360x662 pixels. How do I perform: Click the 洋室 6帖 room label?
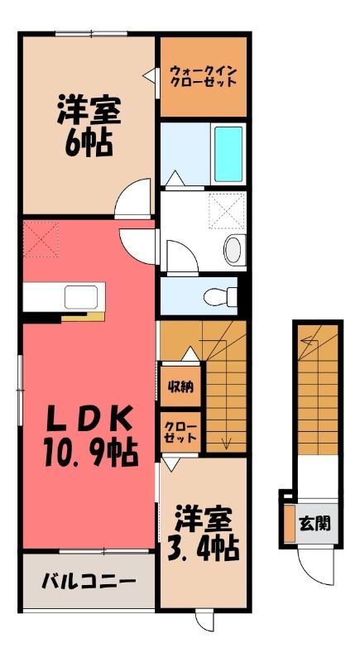[x=89, y=126]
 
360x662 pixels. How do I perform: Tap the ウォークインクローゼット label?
[x=203, y=76]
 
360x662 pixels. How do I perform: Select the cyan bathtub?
[x=228, y=154]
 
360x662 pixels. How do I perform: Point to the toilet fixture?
[x=220, y=296]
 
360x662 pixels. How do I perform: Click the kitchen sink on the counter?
[x=81, y=297]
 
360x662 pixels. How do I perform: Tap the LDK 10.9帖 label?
[x=90, y=436]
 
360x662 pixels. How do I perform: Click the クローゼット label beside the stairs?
[x=180, y=431]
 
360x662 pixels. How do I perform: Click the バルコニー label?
[x=89, y=583]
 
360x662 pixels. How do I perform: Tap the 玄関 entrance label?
[x=314, y=524]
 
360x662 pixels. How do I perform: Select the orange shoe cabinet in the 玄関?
[x=289, y=523]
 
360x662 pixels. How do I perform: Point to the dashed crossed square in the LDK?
[x=41, y=238]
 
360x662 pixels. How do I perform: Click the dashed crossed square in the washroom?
[x=227, y=211]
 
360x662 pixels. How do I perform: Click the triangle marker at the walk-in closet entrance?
[x=149, y=76]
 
